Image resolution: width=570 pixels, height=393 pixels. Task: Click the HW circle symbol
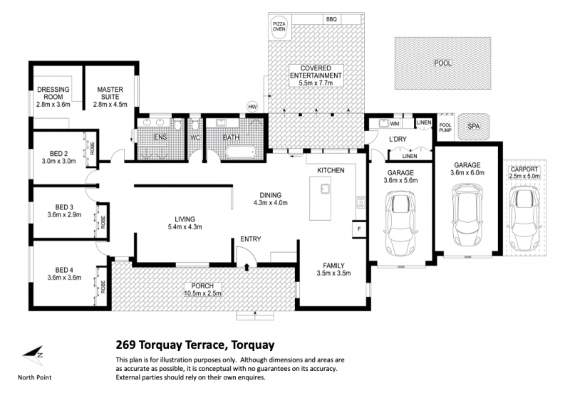(252, 107)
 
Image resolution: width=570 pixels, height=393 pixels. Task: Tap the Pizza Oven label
(279, 26)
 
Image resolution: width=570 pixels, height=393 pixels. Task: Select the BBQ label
(331, 19)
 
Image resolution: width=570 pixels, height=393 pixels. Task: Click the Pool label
(442, 63)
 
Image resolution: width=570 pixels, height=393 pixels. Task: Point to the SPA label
(473, 127)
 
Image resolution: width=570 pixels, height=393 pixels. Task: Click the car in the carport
(524, 218)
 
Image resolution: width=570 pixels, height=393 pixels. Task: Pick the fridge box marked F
(359, 229)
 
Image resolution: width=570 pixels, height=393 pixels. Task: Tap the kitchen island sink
(324, 189)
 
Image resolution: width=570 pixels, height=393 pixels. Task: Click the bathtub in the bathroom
(241, 152)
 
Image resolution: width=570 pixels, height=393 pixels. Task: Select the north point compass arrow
(33, 355)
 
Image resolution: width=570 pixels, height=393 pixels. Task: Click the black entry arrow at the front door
(247, 267)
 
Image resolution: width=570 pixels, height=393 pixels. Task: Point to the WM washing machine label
(395, 124)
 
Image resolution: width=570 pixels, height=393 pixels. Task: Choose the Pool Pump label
(445, 127)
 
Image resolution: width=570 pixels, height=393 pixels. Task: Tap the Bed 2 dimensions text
(58, 161)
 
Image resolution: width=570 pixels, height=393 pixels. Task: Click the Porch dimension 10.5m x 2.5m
(202, 293)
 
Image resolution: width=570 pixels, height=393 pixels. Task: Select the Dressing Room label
(53, 93)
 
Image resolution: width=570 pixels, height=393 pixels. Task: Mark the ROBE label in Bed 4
(103, 286)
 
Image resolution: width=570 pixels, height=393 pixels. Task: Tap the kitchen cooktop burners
(361, 202)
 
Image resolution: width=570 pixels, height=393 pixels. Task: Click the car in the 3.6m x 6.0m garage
(467, 215)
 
